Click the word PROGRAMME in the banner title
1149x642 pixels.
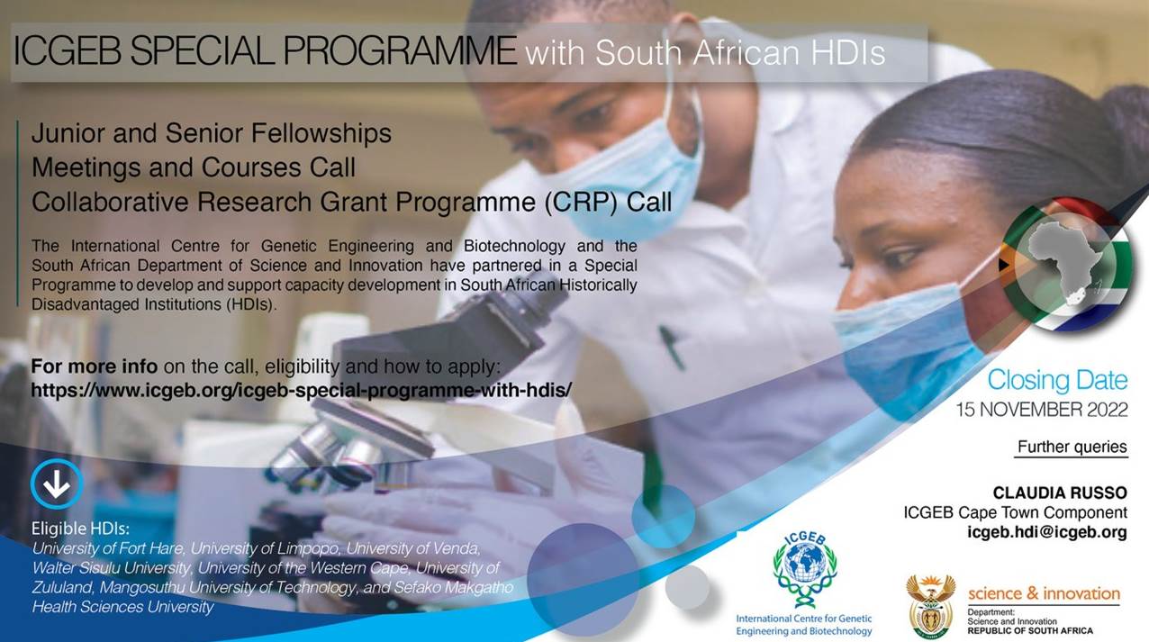click(400, 50)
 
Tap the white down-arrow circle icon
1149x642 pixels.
click(57, 484)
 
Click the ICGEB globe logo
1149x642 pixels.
click(805, 568)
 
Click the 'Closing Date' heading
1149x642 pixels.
click(1058, 381)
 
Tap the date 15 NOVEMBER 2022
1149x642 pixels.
click(1042, 410)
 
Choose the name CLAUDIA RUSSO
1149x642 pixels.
click(1060, 493)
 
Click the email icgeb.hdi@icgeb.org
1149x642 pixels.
click(1047, 532)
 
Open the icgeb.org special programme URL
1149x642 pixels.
click(301, 391)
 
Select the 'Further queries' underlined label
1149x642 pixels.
click(1072, 447)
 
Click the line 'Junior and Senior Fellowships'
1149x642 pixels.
click(212, 133)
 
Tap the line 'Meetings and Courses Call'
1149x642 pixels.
click(194, 167)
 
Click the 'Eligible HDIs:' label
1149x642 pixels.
click(80, 529)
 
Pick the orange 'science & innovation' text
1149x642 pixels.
click(1044, 593)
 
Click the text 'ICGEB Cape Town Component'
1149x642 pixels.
click(1015, 512)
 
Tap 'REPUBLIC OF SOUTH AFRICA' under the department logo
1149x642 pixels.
click(1030, 630)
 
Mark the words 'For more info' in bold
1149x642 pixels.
click(95, 366)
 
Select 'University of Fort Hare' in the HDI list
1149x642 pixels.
click(107, 548)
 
